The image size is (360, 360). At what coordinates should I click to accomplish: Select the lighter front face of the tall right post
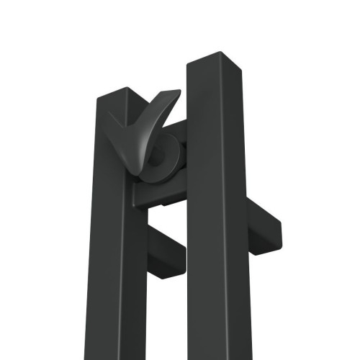[209, 216]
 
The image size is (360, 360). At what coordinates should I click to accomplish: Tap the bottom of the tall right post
[216, 353]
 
